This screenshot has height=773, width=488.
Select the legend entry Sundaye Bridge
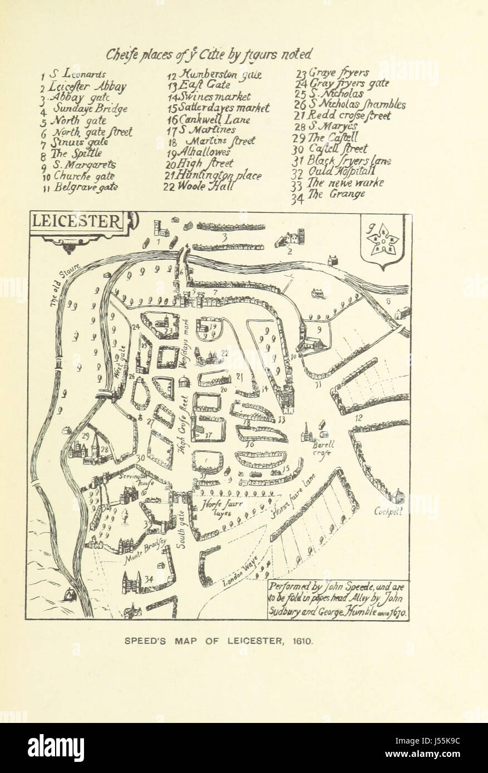(x=90, y=109)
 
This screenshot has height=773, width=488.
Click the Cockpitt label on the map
(x=388, y=511)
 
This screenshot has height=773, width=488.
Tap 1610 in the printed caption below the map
(x=303, y=641)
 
